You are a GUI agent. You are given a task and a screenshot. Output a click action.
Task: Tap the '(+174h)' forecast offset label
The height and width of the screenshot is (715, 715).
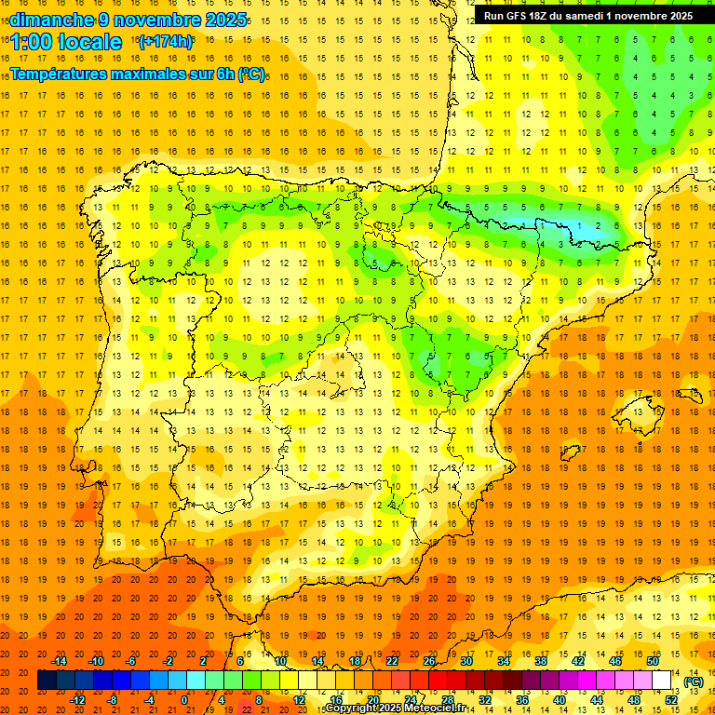(x=165, y=41)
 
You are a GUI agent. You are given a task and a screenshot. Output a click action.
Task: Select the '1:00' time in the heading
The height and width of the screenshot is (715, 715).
(x=32, y=42)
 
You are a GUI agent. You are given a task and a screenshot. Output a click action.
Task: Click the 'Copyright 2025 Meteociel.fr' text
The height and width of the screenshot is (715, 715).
(x=395, y=708)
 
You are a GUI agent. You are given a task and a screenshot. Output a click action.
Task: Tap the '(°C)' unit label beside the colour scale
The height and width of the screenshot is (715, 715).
(x=694, y=681)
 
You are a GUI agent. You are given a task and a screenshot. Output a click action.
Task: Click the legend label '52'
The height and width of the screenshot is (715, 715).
(x=671, y=699)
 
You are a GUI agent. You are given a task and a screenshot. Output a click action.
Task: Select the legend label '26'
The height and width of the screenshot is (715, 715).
(x=429, y=661)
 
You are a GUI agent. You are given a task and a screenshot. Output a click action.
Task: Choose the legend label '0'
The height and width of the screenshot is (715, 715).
(x=184, y=699)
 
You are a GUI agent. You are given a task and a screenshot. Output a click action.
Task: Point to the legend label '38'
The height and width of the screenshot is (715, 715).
(x=540, y=661)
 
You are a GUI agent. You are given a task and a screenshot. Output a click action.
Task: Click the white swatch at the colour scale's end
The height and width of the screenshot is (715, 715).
(x=662, y=681)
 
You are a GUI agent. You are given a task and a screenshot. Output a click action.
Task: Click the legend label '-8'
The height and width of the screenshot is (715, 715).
(x=112, y=699)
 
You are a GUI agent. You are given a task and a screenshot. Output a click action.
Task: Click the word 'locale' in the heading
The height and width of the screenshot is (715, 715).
(x=90, y=42)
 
